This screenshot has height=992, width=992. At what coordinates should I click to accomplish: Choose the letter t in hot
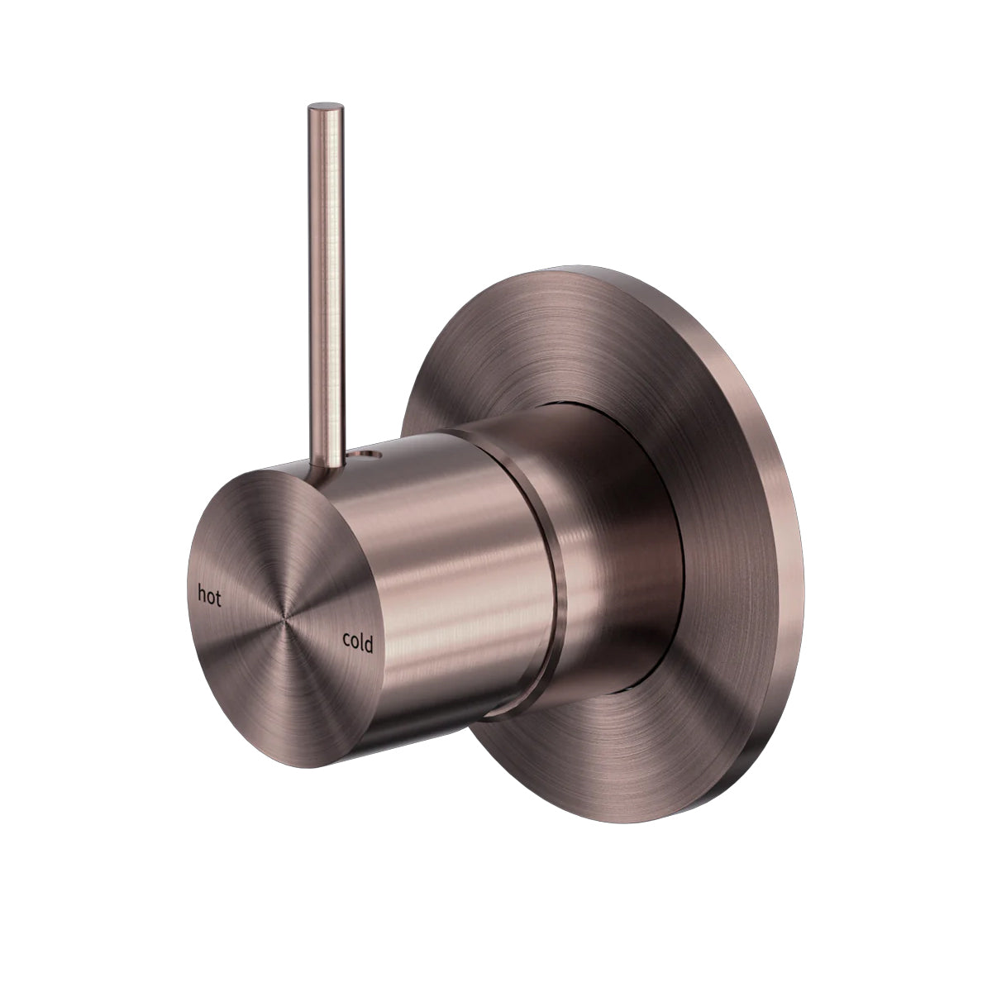217,599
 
